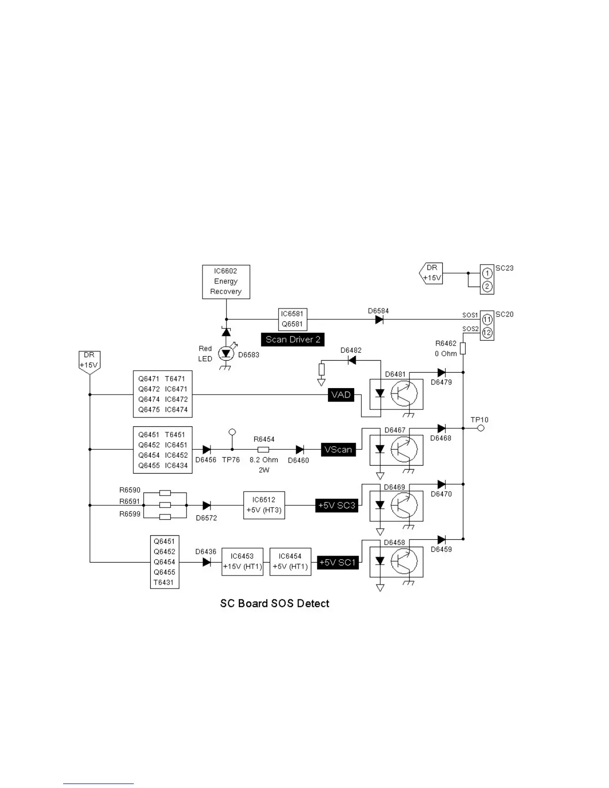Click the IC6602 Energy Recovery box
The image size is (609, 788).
(x=226, y=282)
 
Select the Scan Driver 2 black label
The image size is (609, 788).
(x=293, y=339)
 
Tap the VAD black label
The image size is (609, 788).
(x=341, y=395)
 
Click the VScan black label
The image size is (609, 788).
(x=338, y=450)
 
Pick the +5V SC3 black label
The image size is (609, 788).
(x=337, y=505)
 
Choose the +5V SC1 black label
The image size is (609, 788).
(x=337, y=563)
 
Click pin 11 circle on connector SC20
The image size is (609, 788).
(x=487, y=319)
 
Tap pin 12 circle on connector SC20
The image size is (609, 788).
(x=487, y=332)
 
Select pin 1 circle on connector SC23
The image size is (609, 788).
(x=487, y=273)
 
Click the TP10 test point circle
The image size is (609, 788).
(x=481, y=428)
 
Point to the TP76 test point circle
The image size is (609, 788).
(x=232, y=432)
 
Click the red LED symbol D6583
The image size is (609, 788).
(x=226, y=353)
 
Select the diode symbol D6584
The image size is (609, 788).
(x=379, y=319)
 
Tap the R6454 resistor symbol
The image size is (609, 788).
(x=263, y=450)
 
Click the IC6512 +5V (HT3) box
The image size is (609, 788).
(x=264, y=505)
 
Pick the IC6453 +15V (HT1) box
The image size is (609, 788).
(x=242, y=562)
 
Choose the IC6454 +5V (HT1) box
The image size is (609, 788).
(x=290, y=562)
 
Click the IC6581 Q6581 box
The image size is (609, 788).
(x=292, y=319)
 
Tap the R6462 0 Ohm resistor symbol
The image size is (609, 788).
(x=463, y=348)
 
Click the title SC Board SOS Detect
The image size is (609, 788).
(x=275, y=603)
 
